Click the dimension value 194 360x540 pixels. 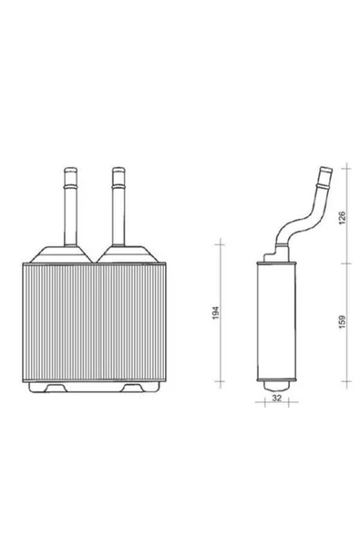[216, 312]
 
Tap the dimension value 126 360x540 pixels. [342, 218]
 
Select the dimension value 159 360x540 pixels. [342, 321]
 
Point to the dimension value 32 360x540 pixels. [277, 398]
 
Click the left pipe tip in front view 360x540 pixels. [70, 171]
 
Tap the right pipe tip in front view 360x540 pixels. [118, 171]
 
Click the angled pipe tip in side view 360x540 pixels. [326, 171]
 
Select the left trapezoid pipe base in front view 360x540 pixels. [61, 254]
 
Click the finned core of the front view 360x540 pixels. [94, 322]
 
